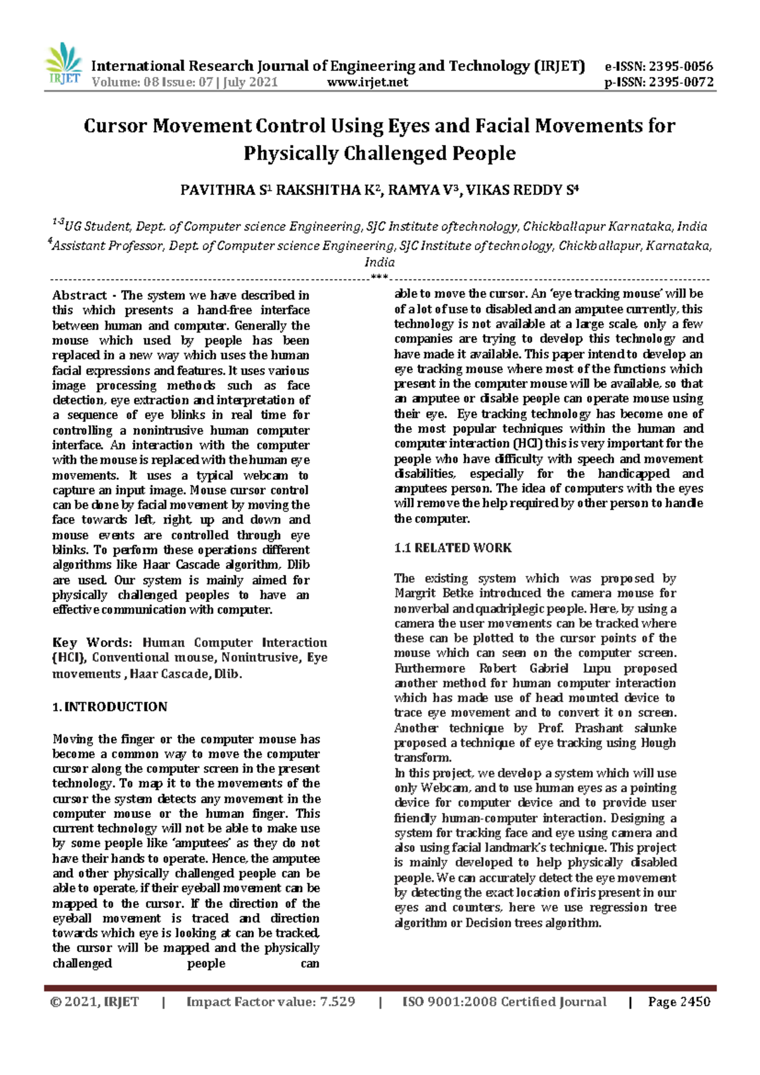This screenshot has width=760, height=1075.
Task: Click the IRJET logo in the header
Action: tap(63, 65)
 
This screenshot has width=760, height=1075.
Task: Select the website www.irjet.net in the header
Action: tap(367, 82)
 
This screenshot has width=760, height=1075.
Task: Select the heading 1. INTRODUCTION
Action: tap(110, 707)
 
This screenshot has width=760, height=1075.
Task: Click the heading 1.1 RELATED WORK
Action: tap(453, 548)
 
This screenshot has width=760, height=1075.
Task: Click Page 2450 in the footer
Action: tap(679, 1002)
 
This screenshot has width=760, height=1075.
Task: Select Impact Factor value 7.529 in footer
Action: tap(270, 1002)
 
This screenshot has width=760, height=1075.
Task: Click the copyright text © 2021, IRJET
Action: tap(94, 1002)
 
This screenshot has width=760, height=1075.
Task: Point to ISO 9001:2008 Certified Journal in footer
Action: tap(504, 1002)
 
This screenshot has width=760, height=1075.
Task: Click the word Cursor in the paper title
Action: tap(115, 126)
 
